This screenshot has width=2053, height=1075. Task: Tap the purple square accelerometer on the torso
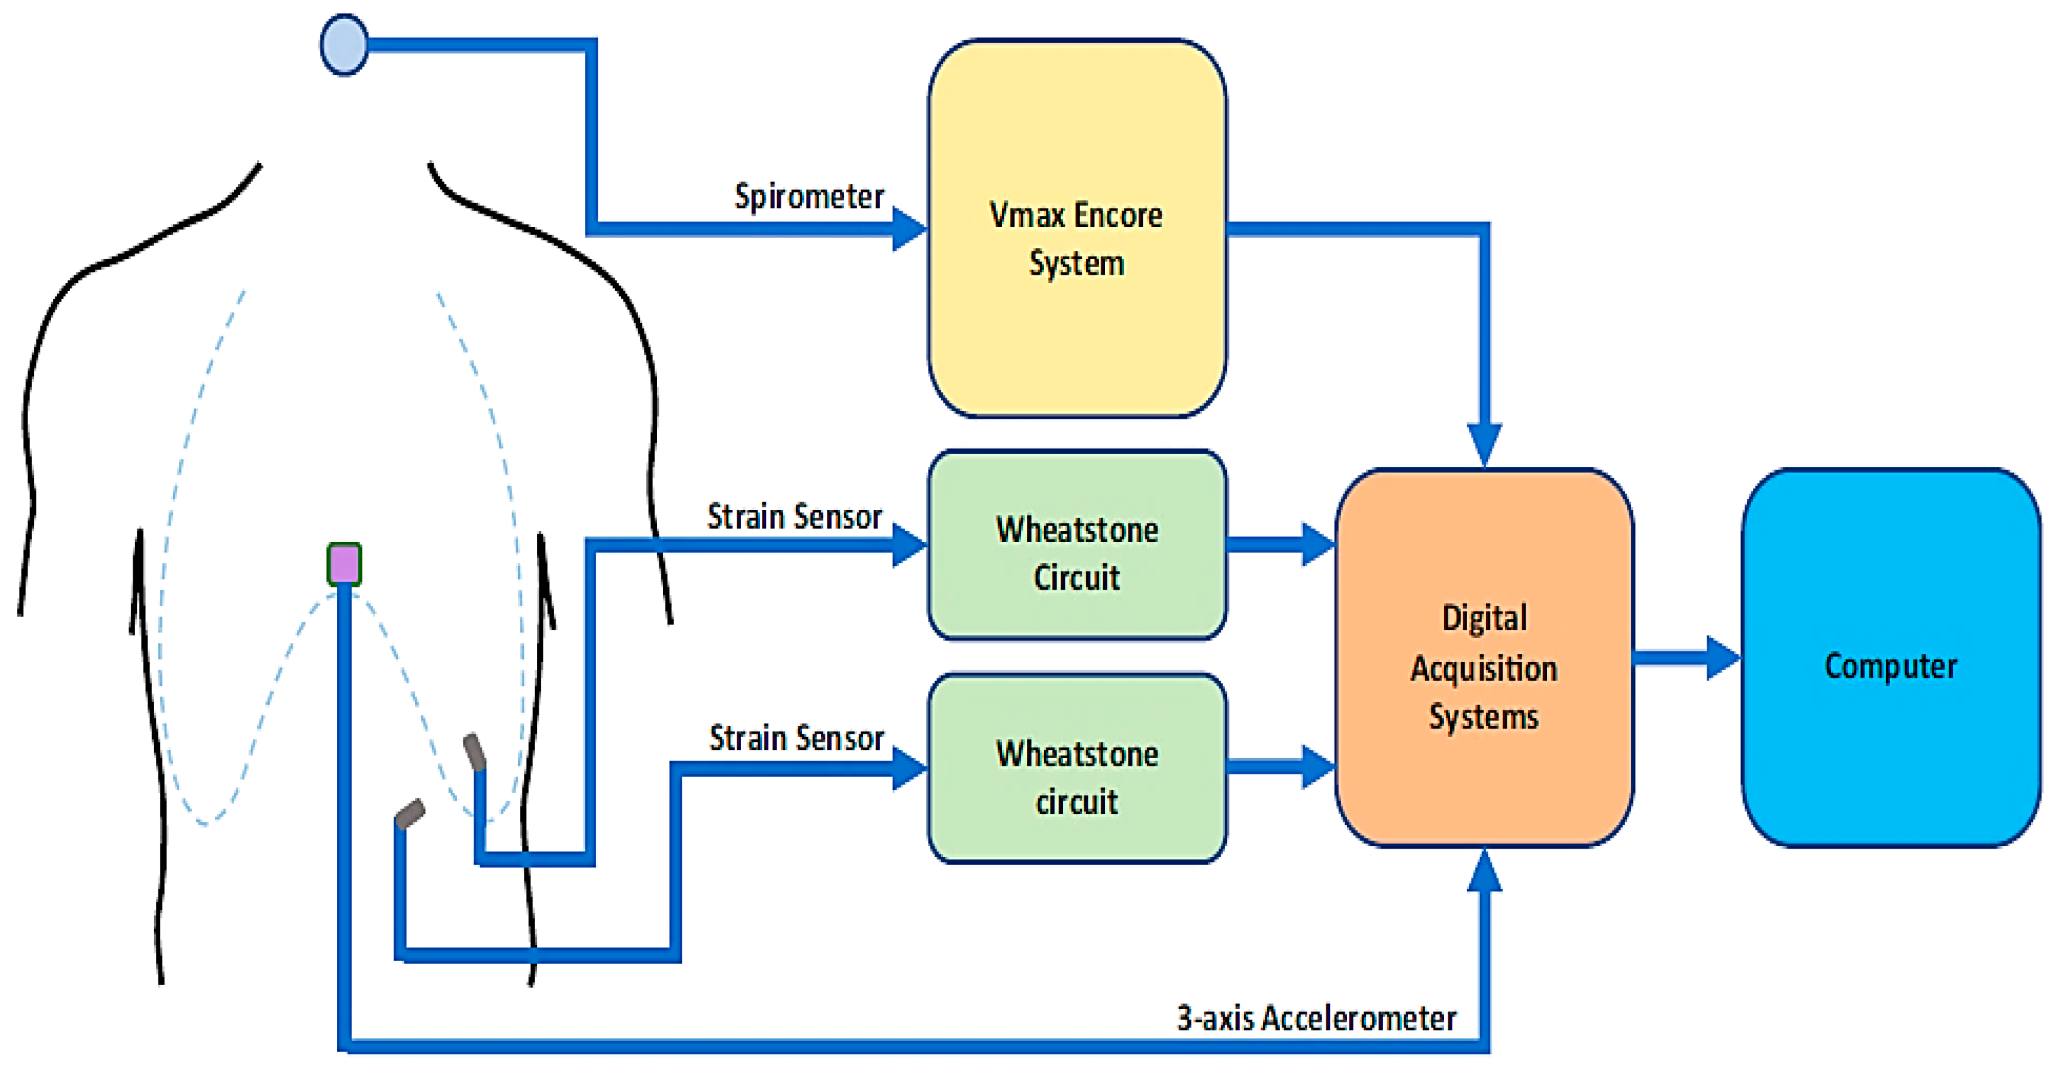tap(344, 564)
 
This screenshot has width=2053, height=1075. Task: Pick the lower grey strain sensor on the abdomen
tap(410, 814)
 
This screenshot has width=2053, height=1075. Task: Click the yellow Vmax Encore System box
tap(1077, 228)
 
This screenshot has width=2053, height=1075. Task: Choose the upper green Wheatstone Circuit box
tap(1077, 545)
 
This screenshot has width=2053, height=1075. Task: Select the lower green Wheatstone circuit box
tap(1077, 768)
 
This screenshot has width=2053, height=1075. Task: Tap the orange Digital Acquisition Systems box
tap(1484, 658)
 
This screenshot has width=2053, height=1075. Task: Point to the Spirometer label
tap(809, 197)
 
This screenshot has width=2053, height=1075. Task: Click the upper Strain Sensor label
tap(795, 516)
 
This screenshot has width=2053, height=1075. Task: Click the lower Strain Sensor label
tap(796, 738)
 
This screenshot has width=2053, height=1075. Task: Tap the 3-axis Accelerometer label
tap(1316, 1018)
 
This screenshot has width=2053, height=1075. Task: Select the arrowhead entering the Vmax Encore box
tap(910, 229)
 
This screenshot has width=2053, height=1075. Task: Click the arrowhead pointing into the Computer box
tap(1724, 658)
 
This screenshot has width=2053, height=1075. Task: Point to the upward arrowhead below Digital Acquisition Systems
tap(1485, 869)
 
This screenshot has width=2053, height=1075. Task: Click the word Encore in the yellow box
tap(1118, 215)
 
